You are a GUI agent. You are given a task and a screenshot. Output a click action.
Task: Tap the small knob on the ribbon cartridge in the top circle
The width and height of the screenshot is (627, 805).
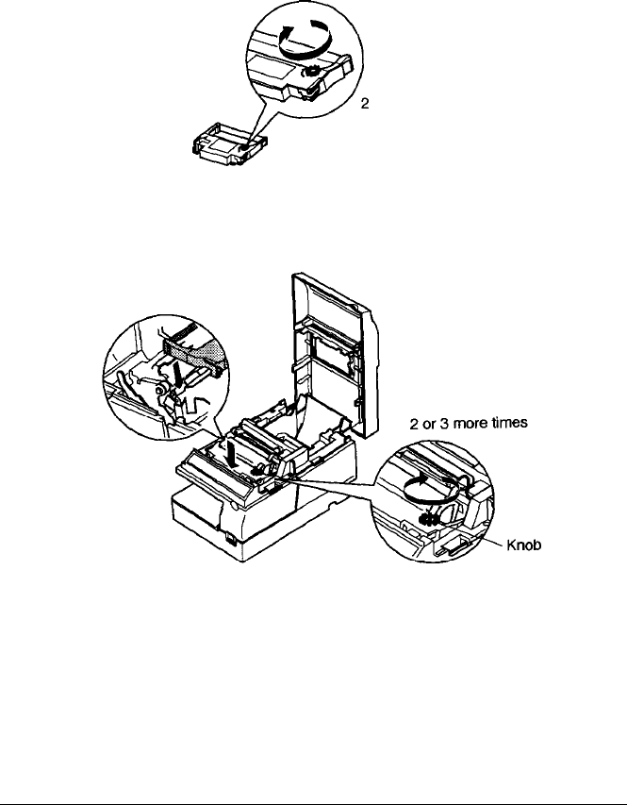(309, 73)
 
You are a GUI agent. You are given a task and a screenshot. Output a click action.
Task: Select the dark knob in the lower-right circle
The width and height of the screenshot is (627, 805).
(427, 515)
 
